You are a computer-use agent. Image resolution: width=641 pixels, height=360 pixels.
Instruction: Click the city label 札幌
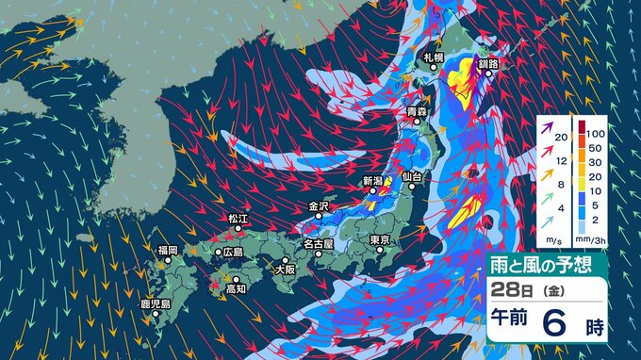tap(434, 58)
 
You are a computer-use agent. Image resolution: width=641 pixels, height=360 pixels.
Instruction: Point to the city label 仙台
tap(409, 176)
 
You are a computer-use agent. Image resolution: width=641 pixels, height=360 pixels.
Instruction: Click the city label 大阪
tap(285, 269)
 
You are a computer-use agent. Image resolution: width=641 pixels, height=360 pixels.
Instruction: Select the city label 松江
tap(238, 219)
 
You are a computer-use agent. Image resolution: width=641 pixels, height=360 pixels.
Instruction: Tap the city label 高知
tap(236, 289)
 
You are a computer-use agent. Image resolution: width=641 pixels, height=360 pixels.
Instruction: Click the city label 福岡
tap(168, 250)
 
